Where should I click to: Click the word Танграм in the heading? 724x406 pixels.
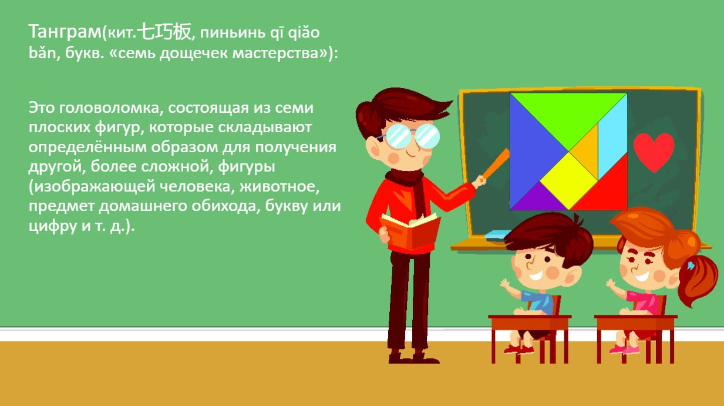click(65, 32)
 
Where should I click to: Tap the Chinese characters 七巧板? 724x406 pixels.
click(164, 32)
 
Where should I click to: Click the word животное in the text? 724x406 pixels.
click(280, 186)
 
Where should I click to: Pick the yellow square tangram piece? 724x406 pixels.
click(568, 180)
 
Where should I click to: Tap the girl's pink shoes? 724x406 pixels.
click(624, 350)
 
